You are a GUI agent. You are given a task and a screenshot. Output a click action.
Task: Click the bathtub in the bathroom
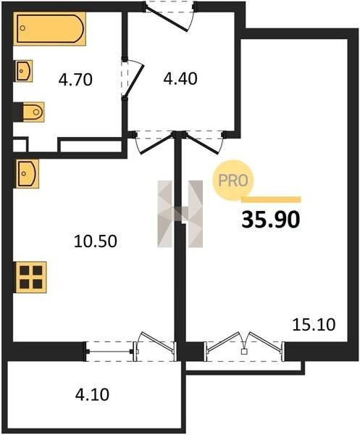(x=49, y=28)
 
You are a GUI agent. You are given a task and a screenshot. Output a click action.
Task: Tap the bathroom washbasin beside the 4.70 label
(x=23, y=71)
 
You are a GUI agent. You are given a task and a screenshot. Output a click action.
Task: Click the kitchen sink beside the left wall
(x=27, y=174)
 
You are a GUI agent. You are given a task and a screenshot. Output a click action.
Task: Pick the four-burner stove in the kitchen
(x=30, y=277)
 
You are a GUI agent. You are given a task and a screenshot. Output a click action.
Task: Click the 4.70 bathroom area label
(x=75, y=80)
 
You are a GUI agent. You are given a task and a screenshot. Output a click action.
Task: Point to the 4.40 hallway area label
(x=180, y=78)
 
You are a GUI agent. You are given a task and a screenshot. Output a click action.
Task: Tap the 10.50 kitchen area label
(x=96, y=241)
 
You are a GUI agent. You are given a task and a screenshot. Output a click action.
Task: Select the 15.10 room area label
(x=314, y=325)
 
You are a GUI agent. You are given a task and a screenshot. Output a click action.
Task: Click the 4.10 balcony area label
(x=92, y=394)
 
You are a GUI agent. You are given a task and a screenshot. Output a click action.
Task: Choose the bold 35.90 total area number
(x=271, y=220)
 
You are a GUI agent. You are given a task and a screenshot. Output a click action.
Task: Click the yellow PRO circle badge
(x=233, y=181)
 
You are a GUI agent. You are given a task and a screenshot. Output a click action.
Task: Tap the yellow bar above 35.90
(x=271, y=200)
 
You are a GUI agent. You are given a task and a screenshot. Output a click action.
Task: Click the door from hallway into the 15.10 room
(x=204, y=142)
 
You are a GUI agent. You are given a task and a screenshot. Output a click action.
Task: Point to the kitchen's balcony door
(x=155, y=347)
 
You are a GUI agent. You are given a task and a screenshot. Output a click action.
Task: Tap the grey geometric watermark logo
(x=180, y=214)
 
